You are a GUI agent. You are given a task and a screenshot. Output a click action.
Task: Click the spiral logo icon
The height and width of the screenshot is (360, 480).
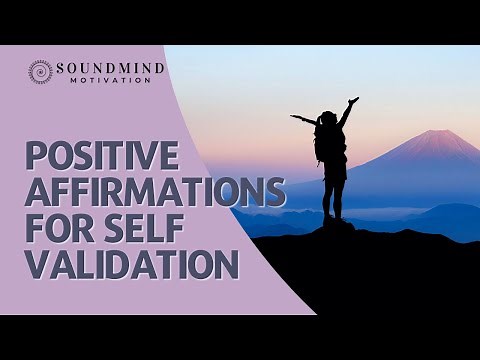(x=40, y=72)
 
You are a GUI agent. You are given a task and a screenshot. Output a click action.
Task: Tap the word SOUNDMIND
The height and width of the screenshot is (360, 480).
(x=110, y=68)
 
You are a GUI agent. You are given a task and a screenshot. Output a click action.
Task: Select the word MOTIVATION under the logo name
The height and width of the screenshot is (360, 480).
(x=110, y=80)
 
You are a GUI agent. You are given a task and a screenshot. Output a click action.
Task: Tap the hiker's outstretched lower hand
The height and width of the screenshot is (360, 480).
(x=294, y=118)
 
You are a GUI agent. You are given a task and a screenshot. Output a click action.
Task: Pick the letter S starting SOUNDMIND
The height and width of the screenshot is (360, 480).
(x=61, y=68)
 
